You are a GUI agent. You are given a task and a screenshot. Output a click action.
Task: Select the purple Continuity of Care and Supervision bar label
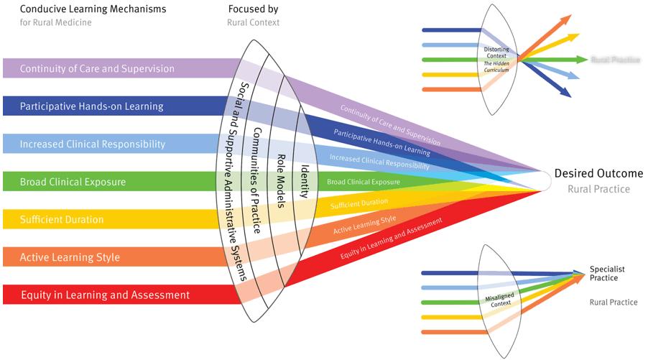(x=97, y=69)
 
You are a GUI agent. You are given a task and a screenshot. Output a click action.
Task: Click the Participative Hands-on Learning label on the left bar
(x=91, y=106)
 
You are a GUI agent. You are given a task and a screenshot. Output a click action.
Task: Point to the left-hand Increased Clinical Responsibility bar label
(x=93, y=144)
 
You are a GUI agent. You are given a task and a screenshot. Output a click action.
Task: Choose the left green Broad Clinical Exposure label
(x=73, y=182)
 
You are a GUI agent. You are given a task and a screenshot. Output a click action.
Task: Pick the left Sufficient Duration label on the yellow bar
(x=62, y=219)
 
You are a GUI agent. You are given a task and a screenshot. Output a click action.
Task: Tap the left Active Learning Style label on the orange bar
(x=70, y=257)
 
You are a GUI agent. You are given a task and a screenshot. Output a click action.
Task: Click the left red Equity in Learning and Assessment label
(x=105, y=295)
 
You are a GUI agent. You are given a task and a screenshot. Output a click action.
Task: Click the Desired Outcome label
(x=598, y=174)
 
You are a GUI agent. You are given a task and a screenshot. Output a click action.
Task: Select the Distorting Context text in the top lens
(x=497, y=51)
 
